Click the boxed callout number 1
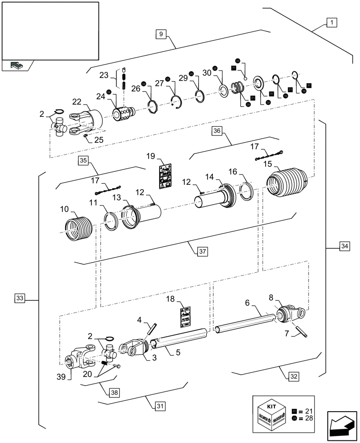332,22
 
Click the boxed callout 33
20,298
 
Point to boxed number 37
202,251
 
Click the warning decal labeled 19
165,175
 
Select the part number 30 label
207,73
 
